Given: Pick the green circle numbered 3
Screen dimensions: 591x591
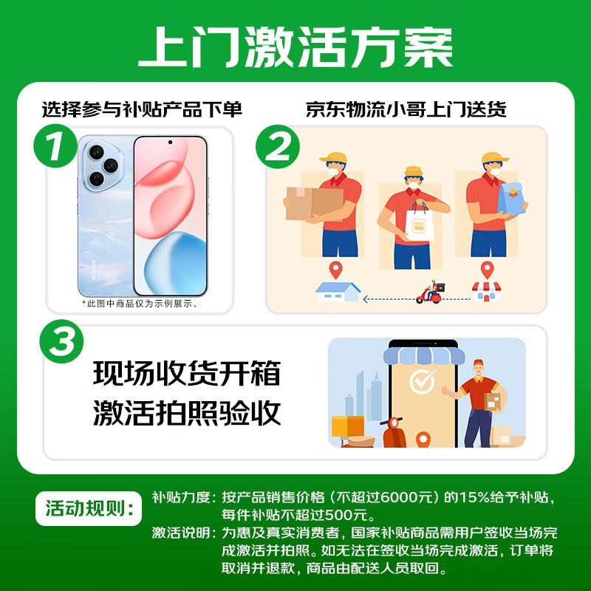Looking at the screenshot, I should pos(63,342).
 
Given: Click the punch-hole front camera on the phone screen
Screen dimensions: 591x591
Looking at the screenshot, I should pos(170,143).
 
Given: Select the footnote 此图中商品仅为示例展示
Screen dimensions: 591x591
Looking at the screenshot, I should pos(140,303).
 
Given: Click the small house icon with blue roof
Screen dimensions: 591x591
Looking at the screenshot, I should pos(337,290).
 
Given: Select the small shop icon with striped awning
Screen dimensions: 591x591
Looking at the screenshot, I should pos(485,290).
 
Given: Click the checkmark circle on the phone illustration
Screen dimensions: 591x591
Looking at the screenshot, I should pos(423,382).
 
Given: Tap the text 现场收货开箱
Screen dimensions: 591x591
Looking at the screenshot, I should pos(187,373).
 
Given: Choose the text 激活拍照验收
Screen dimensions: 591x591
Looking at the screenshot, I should pos(187,412).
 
